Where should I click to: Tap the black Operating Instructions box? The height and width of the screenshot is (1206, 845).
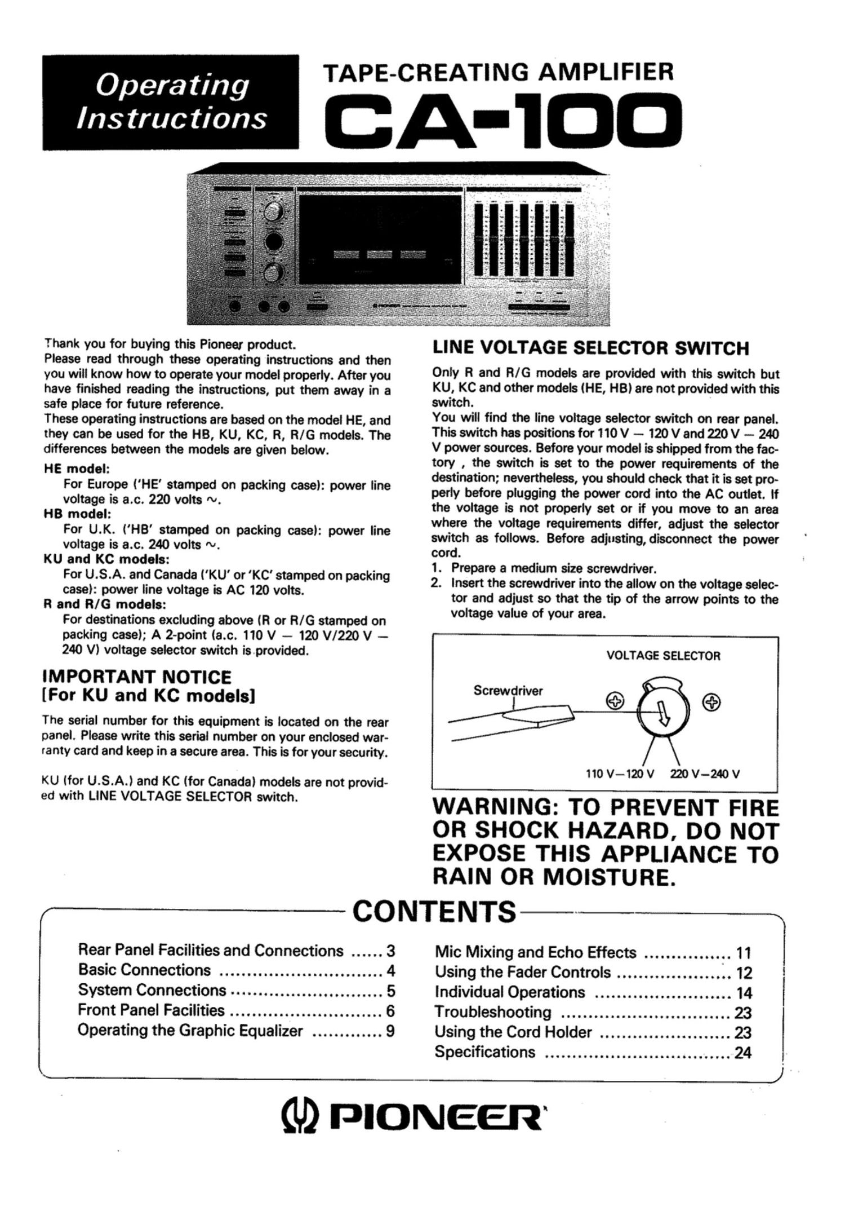tap(170, 102)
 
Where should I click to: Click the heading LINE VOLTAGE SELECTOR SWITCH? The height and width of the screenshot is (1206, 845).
tap(590, 348)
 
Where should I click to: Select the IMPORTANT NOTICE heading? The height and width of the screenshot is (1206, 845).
tap(137, 677)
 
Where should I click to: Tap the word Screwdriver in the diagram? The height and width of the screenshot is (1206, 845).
tap(508, 691)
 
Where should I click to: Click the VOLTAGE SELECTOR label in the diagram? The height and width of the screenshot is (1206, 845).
tap(663, 656)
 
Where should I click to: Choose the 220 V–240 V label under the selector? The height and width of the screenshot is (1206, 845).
tap(704, 774)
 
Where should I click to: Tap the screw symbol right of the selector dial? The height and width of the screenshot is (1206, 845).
tap(712, 702)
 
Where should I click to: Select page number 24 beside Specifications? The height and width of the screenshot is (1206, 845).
tap(743, 1053)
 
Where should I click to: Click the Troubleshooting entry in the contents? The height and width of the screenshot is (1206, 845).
tap(492, 1012)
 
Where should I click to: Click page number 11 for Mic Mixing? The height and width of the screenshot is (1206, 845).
tap(744, 953)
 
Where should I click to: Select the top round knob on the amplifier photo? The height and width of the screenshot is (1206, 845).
tap(274, 213)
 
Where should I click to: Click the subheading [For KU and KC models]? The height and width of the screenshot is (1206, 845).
tap(149, 696)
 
